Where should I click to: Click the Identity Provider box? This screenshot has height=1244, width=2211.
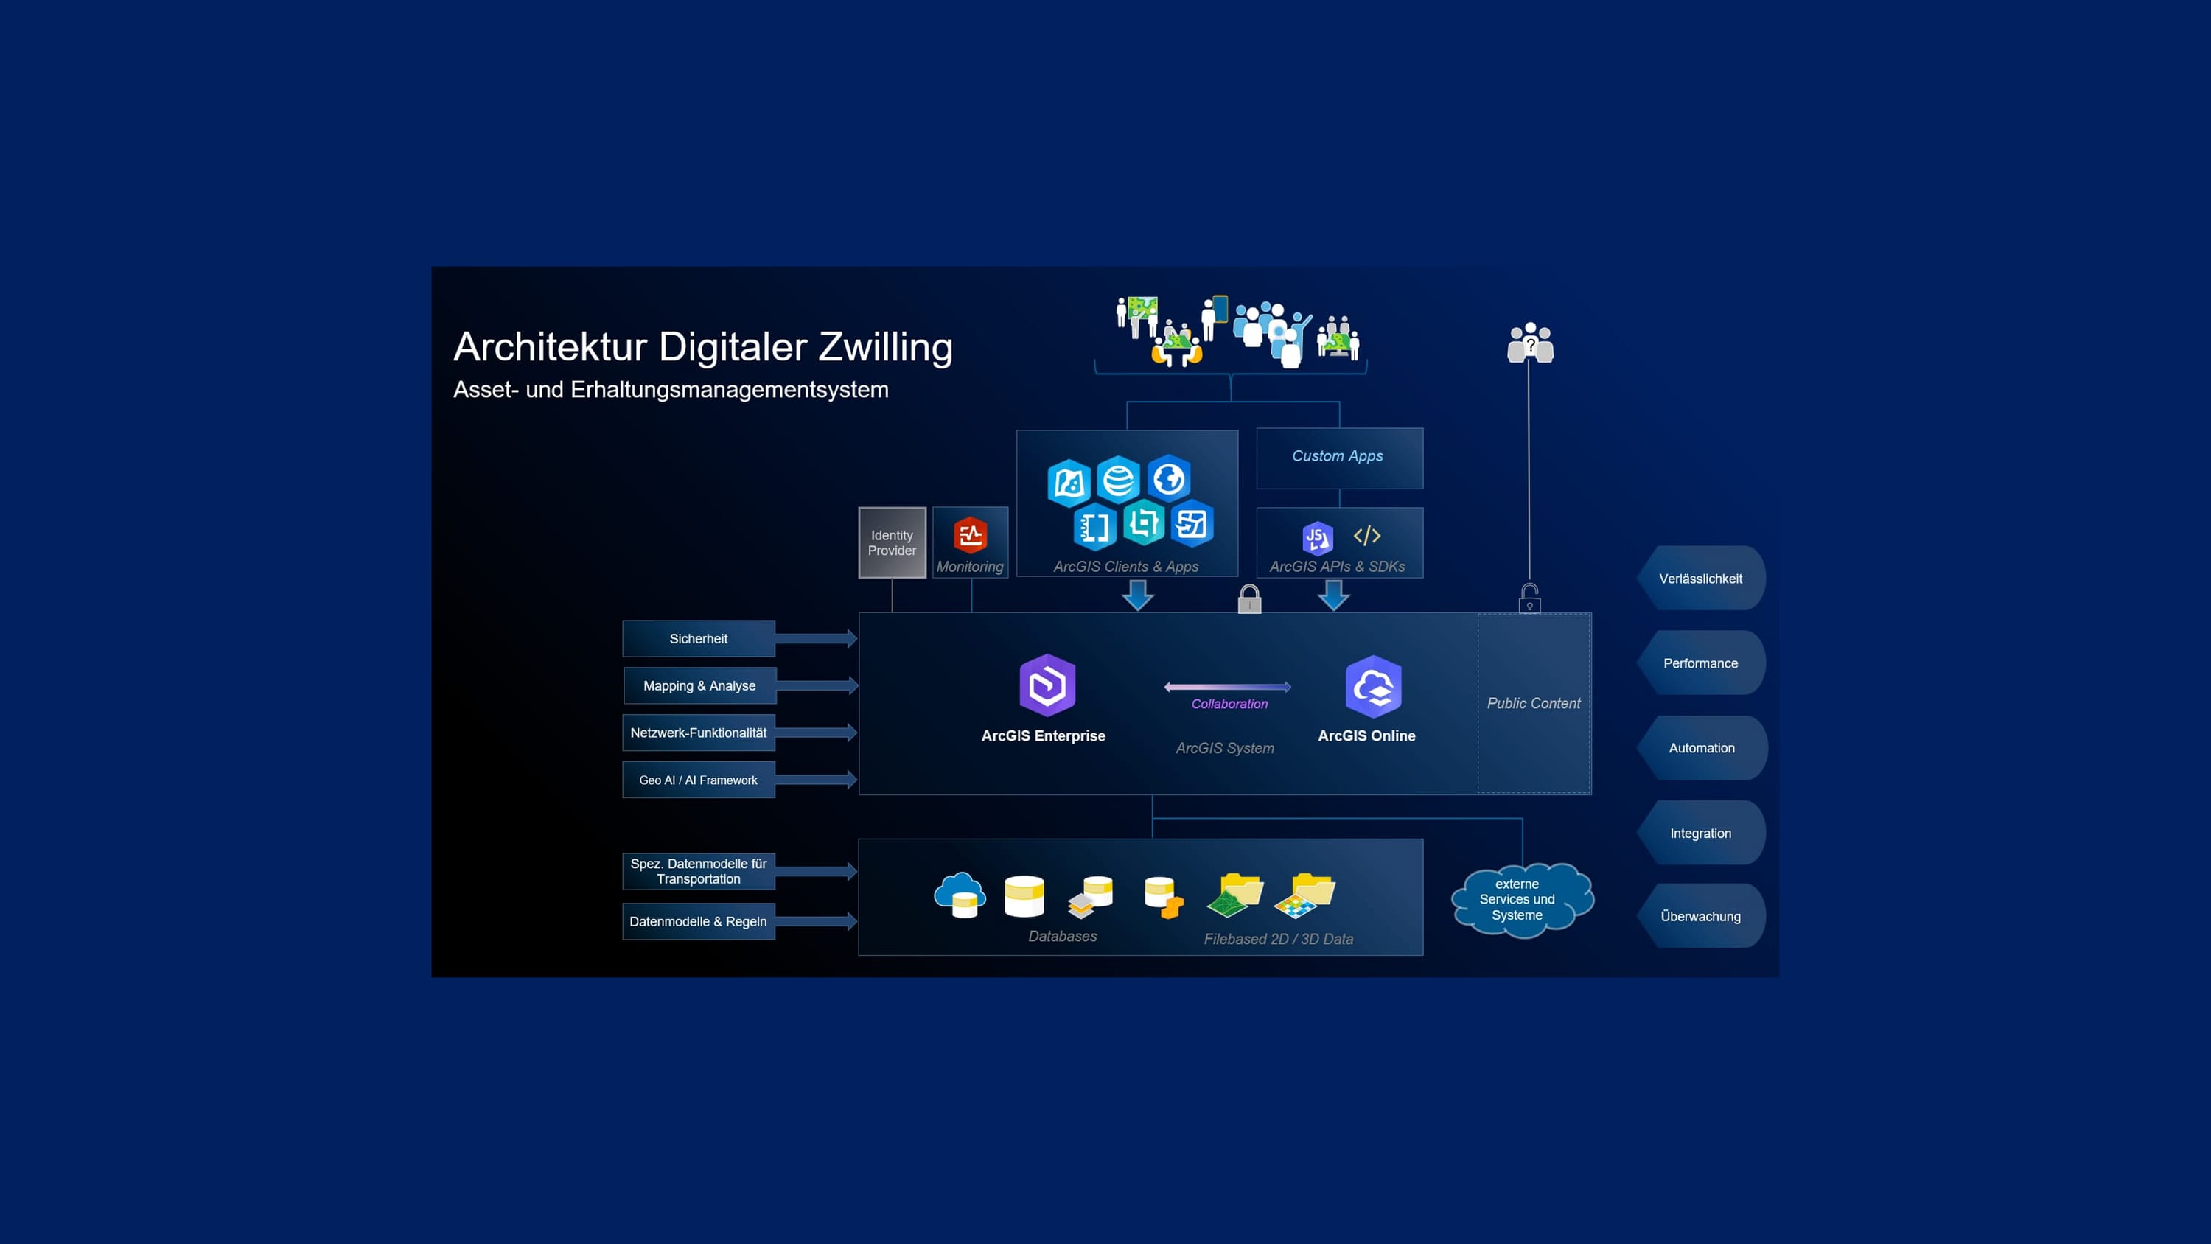pyautogui.click(x=892, y=542)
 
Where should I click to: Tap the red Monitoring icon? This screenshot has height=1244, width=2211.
pyautogui.click(x=970, y=536)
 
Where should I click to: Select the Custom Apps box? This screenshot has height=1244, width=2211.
pyautogui.click(x=1339, y=457)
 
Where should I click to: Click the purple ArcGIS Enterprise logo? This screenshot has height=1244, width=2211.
pyautogui.click(x=1047, y=685)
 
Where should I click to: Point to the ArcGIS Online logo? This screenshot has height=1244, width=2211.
pyautogui.click(x=1373, y=686)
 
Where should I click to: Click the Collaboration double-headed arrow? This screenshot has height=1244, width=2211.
pyautogui.click(x=1227, y=687)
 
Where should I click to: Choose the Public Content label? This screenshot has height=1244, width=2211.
pyautogui.click(x=1534, y=703)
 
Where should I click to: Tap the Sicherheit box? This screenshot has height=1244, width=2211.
pyautogui.click(x=699, y=639)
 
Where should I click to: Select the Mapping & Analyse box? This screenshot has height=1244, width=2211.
pyautogui.click(x=699, y=686)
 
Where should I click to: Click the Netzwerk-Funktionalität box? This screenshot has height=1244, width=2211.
pyautogui.click(x=699, y=733)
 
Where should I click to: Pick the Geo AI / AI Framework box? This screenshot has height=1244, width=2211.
pyautogui.click(x=699, y=780)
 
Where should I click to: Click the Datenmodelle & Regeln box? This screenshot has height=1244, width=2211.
pyautogui.click(x=699, y=922)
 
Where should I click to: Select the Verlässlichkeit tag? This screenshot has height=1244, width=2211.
pyautogui.click(x=1700, y=579)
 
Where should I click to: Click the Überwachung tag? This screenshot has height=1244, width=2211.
pyautogui.click(x=1700, y=916)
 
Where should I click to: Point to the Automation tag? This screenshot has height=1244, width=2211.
pyautogui.click(x=1701, y=748)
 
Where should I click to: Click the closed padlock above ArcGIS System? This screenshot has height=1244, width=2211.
pyautogui.click(x=1250, y=598)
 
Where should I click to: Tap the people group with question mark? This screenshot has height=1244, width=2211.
pyautogui.click(x=1530, y=343)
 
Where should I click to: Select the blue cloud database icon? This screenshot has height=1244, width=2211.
pyautogui.click(x=960, y=895)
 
